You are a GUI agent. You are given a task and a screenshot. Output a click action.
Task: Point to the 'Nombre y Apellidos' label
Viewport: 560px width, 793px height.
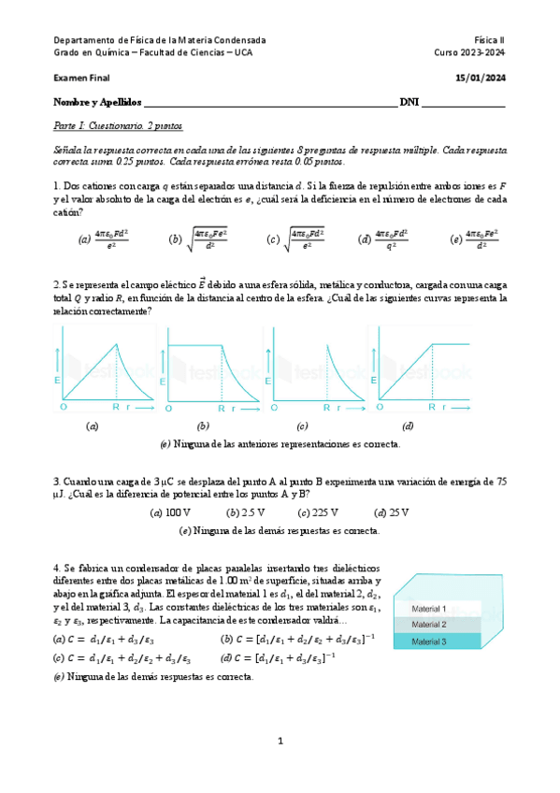pyautogui.click(x=97, y=101)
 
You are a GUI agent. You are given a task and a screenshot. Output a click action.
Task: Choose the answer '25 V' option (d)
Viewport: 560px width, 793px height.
pyautogui.click(x=399, y=512)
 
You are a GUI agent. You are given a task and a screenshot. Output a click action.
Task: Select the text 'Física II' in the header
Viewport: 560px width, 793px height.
pyautogui.click(x=488, y=40)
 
